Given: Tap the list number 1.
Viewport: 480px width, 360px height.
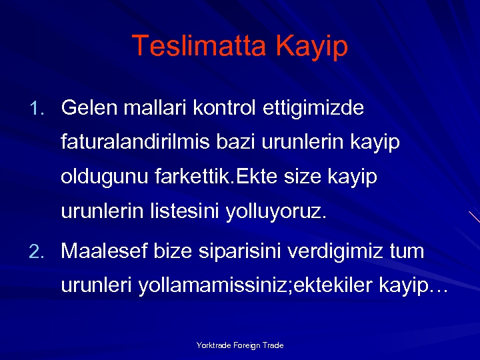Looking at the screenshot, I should pos(37,107).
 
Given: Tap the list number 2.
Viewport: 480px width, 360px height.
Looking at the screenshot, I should pos(37,252).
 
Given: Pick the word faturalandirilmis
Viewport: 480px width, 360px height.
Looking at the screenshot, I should pos(135,142).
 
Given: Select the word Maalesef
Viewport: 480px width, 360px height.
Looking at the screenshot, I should pos(104,251).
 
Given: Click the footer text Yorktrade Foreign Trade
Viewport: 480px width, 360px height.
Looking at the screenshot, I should pos(240,345).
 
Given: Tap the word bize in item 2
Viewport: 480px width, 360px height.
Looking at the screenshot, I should pos(173,251).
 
